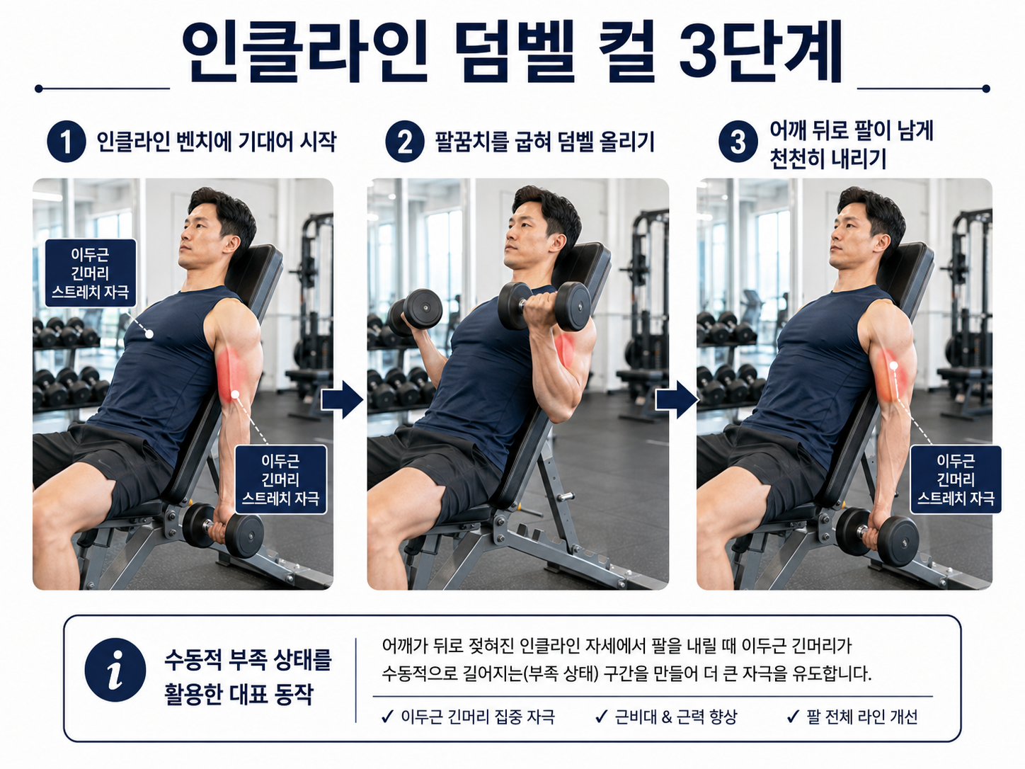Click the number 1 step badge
(67, 142)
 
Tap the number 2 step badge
(404, 142)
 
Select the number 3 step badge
(738, 142)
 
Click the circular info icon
(115, 670)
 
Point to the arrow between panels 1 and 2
(343, 399)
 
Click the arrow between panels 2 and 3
(677, 399)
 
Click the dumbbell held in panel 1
(223, 530)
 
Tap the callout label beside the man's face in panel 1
(91, 273)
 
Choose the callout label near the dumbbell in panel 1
(280, 479)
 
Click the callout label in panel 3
(956, 479)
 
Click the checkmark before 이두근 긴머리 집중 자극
(388, 717)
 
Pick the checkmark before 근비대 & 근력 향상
(602, 717)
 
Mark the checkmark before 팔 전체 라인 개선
(793, 717)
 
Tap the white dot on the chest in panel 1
(149, 334)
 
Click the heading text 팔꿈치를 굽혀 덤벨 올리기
(544, 142)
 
